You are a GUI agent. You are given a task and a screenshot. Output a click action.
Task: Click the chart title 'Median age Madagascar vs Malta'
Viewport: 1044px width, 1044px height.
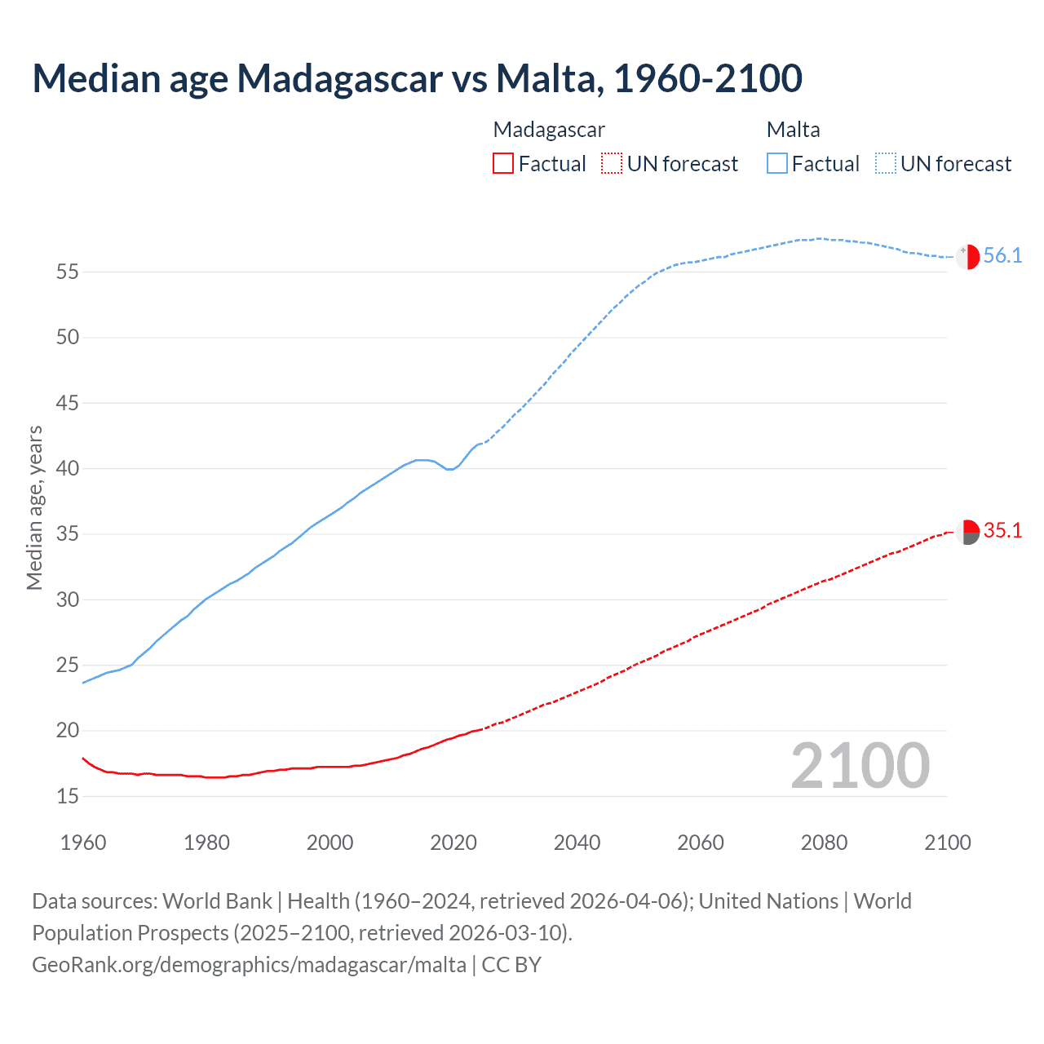coord(417,78)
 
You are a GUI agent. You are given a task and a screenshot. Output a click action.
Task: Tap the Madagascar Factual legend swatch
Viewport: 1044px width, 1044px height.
coord(503,164)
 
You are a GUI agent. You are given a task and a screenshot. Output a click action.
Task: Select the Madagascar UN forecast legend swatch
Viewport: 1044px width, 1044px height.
coord(611,164)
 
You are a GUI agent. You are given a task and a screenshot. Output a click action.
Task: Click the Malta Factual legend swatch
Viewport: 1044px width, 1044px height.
coord(776,164)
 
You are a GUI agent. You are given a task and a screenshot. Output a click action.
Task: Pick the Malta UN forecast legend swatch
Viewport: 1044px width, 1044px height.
coord(885,164)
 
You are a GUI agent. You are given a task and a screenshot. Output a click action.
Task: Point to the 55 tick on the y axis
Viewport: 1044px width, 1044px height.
coord(68,272)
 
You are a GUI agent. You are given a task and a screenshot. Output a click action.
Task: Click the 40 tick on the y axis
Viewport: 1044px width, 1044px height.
coord(68,469)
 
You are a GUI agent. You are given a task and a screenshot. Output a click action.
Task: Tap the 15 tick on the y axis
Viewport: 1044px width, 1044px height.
coord(68,797)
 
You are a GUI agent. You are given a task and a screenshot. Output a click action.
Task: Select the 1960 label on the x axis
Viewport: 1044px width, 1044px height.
coord(83,843)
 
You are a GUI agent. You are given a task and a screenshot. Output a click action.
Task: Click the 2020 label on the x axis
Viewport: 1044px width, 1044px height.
coord(453,843)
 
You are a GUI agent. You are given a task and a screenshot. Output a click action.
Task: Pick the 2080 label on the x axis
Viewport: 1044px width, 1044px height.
coord(824,843)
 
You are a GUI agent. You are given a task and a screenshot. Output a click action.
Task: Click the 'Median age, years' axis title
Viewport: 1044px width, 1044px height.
coord(34,507)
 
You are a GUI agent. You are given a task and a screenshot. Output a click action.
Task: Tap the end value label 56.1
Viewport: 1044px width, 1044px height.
coord(1002,256)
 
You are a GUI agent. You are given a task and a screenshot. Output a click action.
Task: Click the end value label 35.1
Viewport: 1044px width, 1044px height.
coord(1002,531)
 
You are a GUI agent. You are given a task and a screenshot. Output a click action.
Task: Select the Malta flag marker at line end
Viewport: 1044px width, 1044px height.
coord(967,256)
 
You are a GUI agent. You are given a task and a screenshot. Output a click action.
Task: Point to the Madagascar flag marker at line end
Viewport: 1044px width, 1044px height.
coord(967,532)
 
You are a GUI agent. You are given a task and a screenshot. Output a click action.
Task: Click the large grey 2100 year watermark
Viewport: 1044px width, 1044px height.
coord(860,766)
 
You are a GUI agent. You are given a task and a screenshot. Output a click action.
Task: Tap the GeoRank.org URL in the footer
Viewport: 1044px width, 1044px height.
coord(249,965)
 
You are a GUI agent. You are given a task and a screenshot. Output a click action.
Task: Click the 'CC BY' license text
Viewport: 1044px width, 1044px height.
coord(511,965)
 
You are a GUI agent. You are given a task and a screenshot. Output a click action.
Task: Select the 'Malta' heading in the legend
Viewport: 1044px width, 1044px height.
coord(793,130)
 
